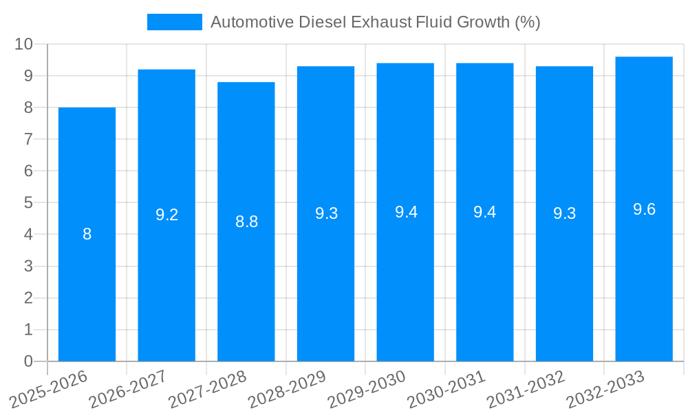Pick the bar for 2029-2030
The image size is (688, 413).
[x=405, y=275]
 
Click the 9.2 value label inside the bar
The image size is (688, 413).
[x=166, y=215]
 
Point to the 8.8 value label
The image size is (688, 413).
[x=246, y=222]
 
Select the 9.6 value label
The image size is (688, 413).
[x=644, y=209]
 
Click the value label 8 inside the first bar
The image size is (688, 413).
[x=87, y=234]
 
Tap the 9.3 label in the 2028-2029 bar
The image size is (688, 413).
[x=326, y=213]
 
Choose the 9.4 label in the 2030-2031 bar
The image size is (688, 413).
[x=485, y=212]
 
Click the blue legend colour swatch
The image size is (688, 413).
[x=175, y=22]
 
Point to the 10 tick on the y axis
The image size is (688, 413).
[x=24, y=44]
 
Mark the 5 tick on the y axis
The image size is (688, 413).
[x=28, y=203]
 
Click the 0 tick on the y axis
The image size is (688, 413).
[x=28, y=361]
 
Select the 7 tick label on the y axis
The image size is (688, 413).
[x=28, y=139]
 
